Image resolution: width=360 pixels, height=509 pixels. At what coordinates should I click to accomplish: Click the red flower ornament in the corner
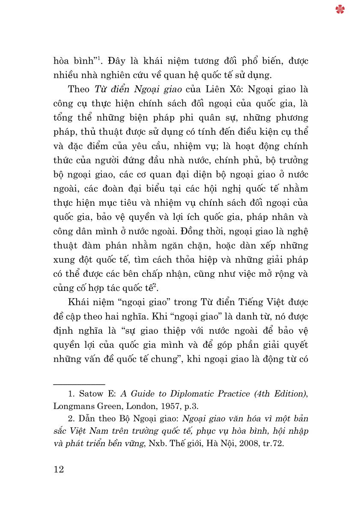coord(340,9)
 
